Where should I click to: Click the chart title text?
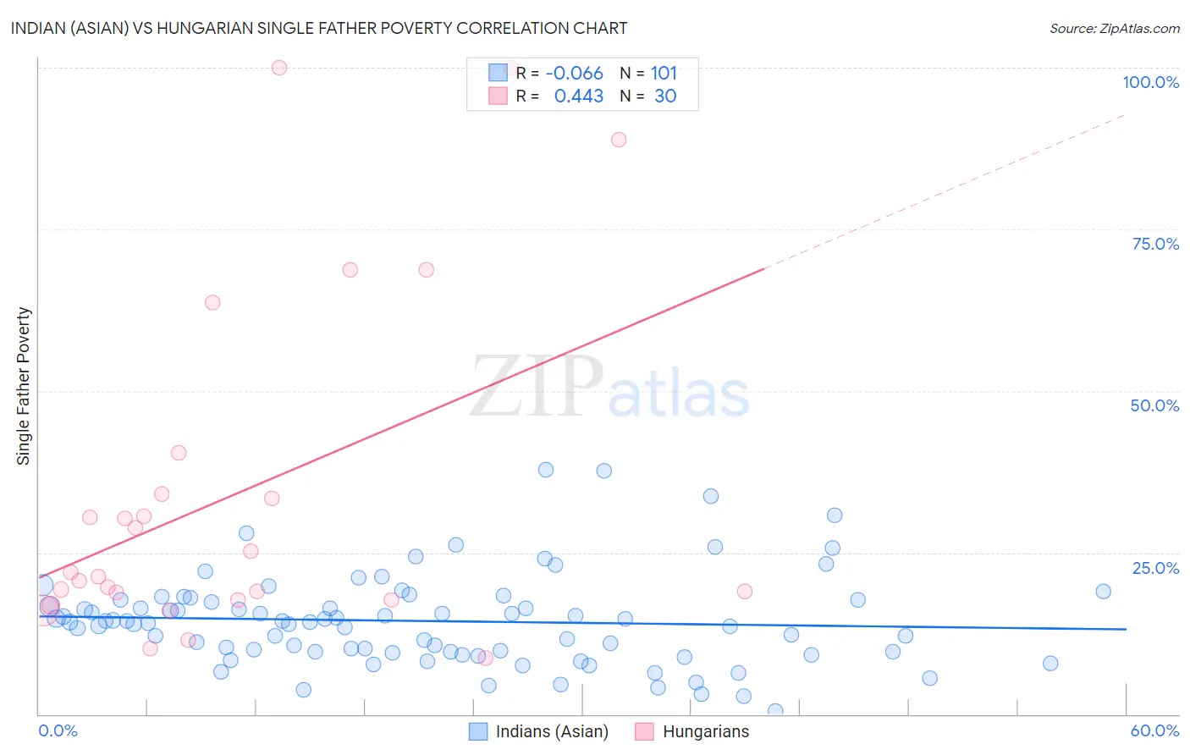click(x=319, y=28)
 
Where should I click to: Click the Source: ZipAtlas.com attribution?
click(x=1114, y=28)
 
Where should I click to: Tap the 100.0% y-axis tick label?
click(x=1150, y=82)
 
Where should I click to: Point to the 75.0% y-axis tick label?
click(x=1155, y=244)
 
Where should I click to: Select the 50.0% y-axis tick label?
click(x=1154, y=405)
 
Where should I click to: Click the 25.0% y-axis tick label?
click(x=1155, y=568)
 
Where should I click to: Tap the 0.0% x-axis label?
click(x=58, y=730)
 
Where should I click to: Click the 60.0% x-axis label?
click(x=1154, y=730)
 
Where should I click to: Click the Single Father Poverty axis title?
click(x=23, y=386)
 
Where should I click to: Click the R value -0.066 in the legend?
click(x=574, y=74)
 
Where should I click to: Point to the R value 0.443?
click(x=579, y=96)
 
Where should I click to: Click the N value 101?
click(x=664, y=74)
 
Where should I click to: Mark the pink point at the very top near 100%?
click(x=279, y=68)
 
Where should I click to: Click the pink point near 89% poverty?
click(x=619, y=140)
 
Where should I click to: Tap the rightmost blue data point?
click(x=1103, y=592)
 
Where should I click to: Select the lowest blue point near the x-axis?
click(x=775, y=711)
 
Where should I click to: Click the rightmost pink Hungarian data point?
click(x=745, y=592)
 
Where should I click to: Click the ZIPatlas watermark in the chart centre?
click(x=609, y=388)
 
